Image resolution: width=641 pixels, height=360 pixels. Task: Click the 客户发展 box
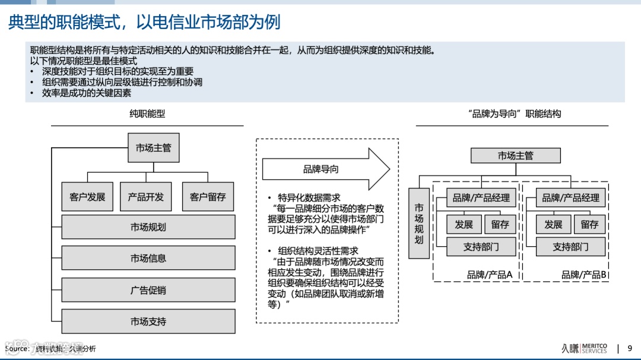coord(87,196)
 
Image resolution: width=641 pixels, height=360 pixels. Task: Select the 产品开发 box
coord(145,196)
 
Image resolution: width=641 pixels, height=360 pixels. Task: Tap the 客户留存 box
coord(208,196)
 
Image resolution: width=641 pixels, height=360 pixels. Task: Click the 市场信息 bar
coord(148,258)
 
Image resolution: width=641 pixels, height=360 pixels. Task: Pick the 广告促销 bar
coord(148,290)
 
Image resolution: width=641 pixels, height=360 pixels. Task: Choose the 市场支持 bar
coord(148,321)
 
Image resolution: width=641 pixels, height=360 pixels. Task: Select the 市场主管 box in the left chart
coord(153,148)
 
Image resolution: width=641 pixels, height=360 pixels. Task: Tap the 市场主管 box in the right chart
coord(515,155)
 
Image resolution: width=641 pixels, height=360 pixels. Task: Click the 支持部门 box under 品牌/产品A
coord(481,247)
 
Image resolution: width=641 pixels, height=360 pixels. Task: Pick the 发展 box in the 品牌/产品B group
coord(553,224)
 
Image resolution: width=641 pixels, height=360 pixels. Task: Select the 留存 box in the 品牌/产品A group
coord(500,224)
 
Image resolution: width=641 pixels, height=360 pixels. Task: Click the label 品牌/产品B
coord(583,275)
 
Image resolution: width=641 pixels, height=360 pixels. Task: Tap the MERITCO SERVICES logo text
coord(594,348)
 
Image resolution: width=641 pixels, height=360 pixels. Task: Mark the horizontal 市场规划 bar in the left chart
coord(148,227)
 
